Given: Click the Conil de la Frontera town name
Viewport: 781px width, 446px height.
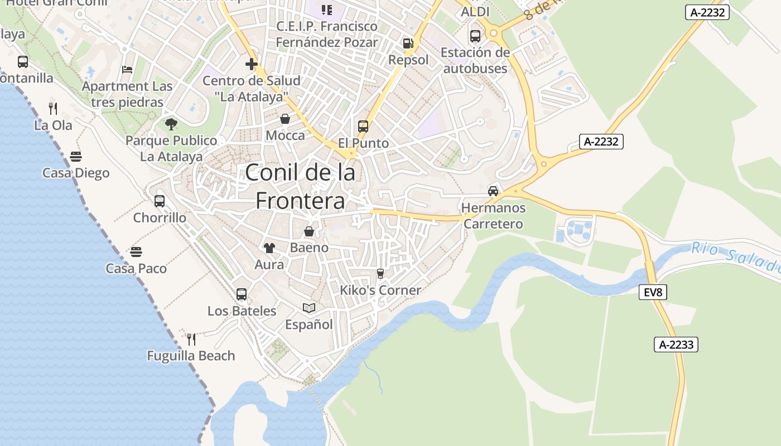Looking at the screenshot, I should point(300,186).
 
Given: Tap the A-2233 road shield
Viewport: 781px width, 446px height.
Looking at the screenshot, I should point(676,345).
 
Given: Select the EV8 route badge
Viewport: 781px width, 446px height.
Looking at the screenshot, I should point(653,292).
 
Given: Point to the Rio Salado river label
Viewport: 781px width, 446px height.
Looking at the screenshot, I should point(735,256).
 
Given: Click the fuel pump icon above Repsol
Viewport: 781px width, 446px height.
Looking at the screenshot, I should point(408,43).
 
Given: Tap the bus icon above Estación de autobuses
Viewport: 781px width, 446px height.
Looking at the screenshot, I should point(475,36).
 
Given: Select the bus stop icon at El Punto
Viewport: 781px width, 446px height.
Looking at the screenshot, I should point(363,127).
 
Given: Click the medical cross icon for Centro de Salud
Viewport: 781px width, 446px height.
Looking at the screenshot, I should point(252,64).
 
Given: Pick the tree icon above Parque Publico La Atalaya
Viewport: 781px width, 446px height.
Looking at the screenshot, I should point(171,124).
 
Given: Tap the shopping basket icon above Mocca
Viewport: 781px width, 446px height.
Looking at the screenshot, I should point(285,119).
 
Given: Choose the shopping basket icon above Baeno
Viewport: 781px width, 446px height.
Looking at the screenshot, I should point(309,231).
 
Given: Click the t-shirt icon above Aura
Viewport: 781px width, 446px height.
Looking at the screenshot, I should point(269,248).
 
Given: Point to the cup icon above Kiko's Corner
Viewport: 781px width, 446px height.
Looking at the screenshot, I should point(380,273).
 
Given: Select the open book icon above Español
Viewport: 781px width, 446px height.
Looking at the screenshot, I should point(309,308).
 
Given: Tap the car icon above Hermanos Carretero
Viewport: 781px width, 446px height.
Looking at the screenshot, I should point(493,191).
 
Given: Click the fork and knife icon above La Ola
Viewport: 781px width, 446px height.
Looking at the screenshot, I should point(53,108).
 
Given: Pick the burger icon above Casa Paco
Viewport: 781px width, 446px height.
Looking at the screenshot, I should point(136,252).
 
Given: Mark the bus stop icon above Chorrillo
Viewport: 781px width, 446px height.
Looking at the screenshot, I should point(160,201).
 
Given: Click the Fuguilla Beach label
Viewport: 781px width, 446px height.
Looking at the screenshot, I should point(191,356).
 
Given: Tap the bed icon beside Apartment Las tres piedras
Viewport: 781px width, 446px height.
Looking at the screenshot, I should point(127,70).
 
